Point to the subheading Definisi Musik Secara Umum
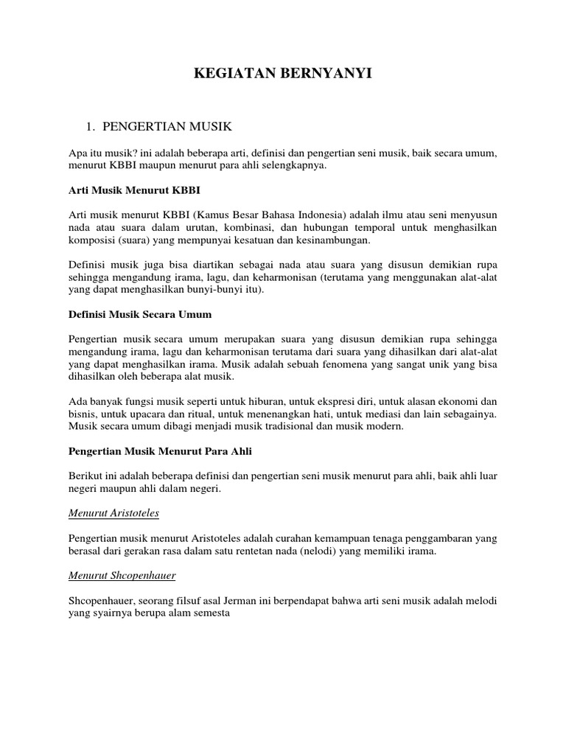click(140, 314)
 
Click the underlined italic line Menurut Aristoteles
click(114, 513)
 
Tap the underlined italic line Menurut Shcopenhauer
click(119, 576)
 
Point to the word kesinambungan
click(334, 240)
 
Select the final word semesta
click(211, 614)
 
